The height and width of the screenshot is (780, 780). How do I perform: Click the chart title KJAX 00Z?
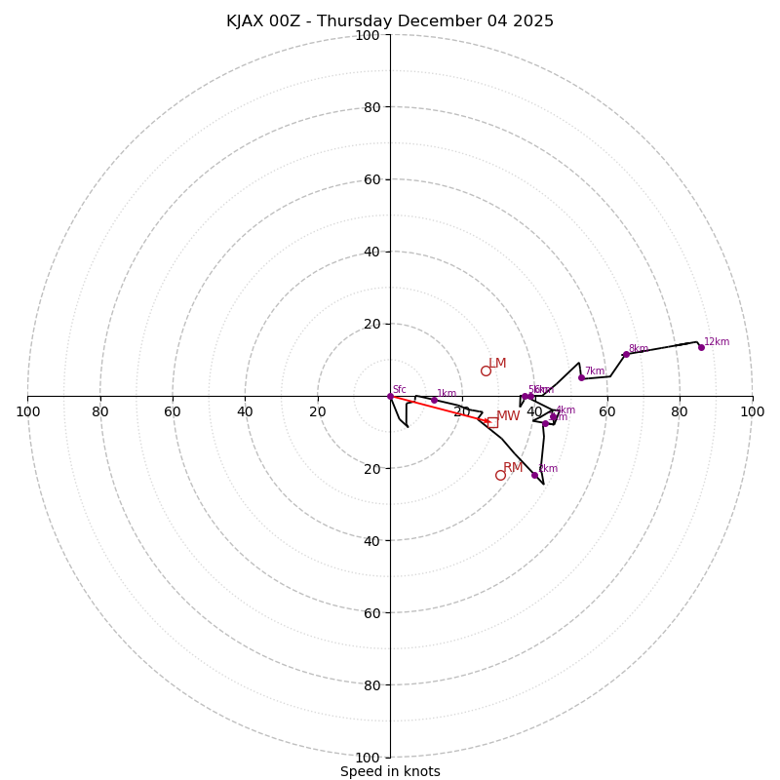click(x=390, y=21)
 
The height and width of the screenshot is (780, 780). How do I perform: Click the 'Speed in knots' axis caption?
click(x=390, y=771)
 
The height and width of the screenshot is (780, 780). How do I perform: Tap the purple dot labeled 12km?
click(x=701, y=347)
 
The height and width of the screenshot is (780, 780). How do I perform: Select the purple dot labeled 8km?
click(x=626, y=354)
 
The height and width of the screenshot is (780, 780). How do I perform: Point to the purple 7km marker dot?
click(x=581, y=377)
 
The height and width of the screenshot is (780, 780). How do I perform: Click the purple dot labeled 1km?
click(x=434, y=400)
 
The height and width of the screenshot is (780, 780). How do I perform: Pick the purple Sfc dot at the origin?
click(x=390, y=396)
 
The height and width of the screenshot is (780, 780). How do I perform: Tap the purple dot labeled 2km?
click(x=534, y=475)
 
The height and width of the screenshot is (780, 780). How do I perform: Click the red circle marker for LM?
click(x=486, y=370)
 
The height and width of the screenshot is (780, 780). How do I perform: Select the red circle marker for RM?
click(x=500, y=475)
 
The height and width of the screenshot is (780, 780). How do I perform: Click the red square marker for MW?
click(x=492, y=422)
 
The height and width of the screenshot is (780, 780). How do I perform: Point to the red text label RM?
click(x=513, y=468)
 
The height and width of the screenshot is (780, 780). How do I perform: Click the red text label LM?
click(x=497, y=364)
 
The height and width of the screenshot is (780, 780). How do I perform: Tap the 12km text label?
click(x=717, y=342)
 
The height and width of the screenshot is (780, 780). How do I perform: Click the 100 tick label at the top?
click(x=368, y=35)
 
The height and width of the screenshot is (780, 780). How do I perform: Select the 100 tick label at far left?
click(x=27, y=411)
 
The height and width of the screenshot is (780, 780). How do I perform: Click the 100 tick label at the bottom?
click(x=368, y=758)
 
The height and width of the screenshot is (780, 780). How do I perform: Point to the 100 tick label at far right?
click(x=752, y=411)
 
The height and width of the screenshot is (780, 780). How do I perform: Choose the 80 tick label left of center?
click(x=100, y=411)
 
